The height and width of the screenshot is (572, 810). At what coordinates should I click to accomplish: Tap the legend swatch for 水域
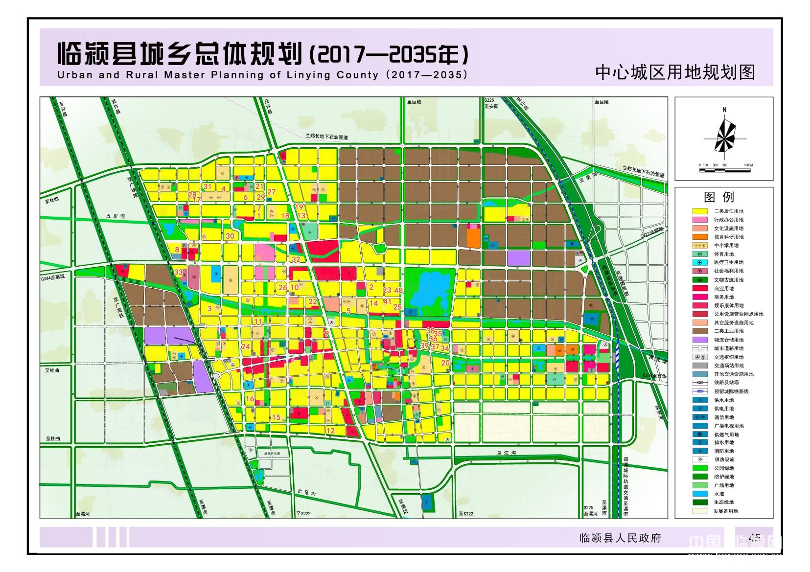coord(700,494)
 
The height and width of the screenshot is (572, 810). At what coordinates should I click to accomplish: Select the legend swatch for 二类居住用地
coord(700,211)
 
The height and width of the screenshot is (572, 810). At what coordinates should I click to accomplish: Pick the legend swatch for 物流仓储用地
coord(700,340)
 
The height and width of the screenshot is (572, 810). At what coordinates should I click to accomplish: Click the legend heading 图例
coord(718,197)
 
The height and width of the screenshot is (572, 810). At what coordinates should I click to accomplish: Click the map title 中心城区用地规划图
coord(675,72)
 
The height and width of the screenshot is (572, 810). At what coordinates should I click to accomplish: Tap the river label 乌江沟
coord(506,454)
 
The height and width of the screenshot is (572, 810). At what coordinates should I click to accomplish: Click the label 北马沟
coord(306,492)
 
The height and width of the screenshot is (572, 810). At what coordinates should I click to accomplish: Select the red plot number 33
coord(178,273)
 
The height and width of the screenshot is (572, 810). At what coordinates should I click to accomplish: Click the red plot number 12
coord(330,431)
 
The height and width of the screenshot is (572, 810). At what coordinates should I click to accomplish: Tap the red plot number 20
coord(445,363)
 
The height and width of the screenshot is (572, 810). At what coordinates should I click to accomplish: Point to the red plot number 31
coord(208,186)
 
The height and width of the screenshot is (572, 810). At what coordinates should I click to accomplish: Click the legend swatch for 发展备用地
coord(700,511)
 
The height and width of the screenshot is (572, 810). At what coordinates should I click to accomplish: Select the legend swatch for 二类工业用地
coord(700,331)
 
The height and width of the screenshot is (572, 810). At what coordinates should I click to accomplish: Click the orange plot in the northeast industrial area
coord(473,238)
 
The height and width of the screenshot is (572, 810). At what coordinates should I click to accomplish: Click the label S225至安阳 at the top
coord(491,103)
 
